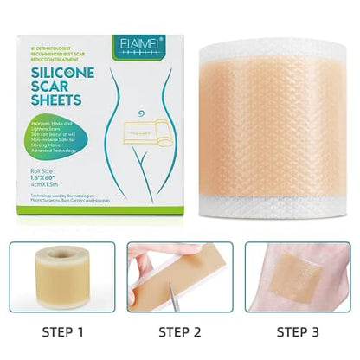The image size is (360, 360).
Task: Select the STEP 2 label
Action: tap(179, 331)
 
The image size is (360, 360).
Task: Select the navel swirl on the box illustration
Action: tap(132, 111)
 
